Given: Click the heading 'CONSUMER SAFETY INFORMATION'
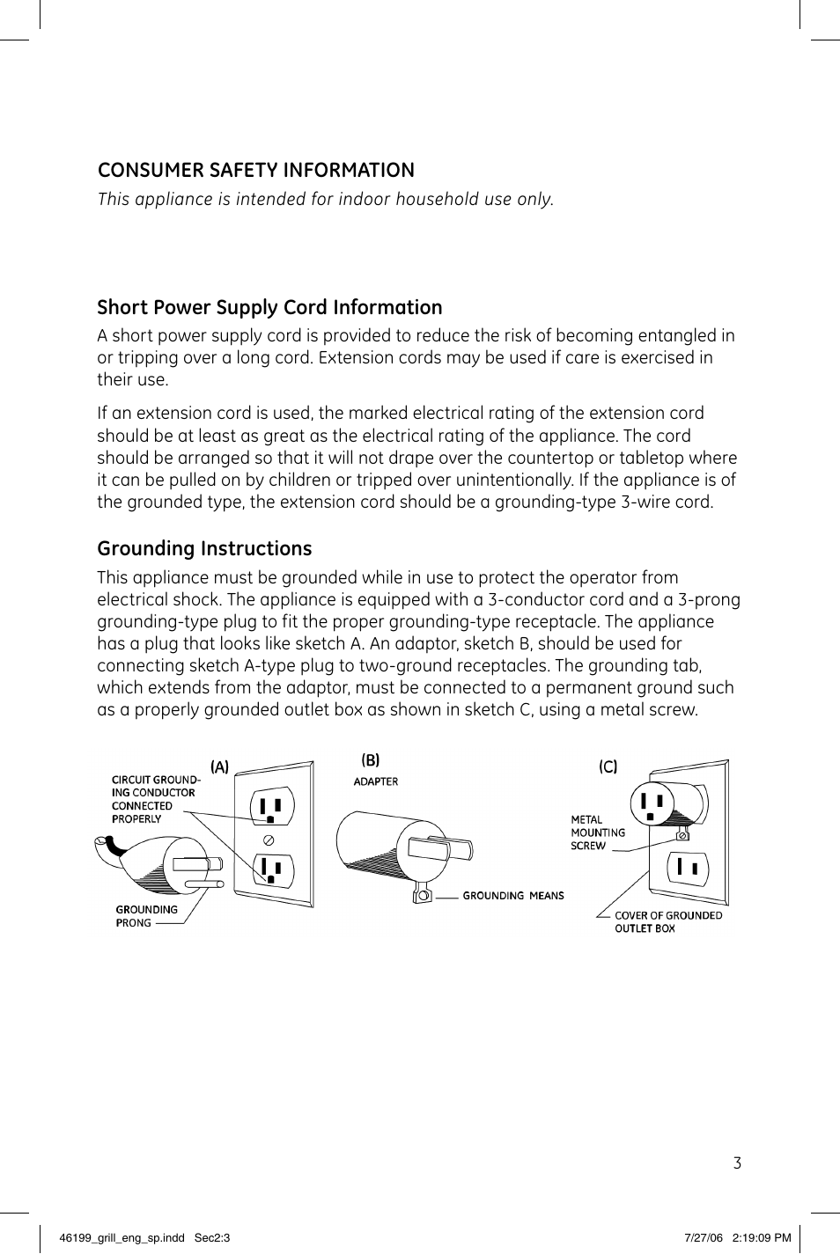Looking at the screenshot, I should [x=255, y=171].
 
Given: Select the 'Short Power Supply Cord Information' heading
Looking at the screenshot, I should [x=269, y=307].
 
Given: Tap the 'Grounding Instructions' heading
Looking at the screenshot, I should [x=204, y=549].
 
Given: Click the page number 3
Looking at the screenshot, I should [x=737, y=1163].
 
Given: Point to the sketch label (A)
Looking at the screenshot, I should [x=219, y=767].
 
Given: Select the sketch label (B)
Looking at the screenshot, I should [x=371, y=760].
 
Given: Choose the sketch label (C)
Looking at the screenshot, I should [x=608, y=767].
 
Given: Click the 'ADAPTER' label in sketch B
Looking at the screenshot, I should [x=376, y=781].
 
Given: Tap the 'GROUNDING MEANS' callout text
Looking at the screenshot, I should [x=513, y=896].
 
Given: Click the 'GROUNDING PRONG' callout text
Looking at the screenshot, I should [x=146, y=916].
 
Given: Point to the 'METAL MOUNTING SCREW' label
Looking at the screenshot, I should [x=598, y=832].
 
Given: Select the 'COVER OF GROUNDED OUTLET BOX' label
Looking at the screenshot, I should [x=667, y=921].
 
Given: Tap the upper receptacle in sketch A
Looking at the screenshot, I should [x=271, y=806].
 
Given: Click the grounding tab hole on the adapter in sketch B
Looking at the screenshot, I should [x=422, y=897].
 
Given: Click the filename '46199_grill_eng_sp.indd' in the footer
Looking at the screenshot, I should [x=122, y=1237].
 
